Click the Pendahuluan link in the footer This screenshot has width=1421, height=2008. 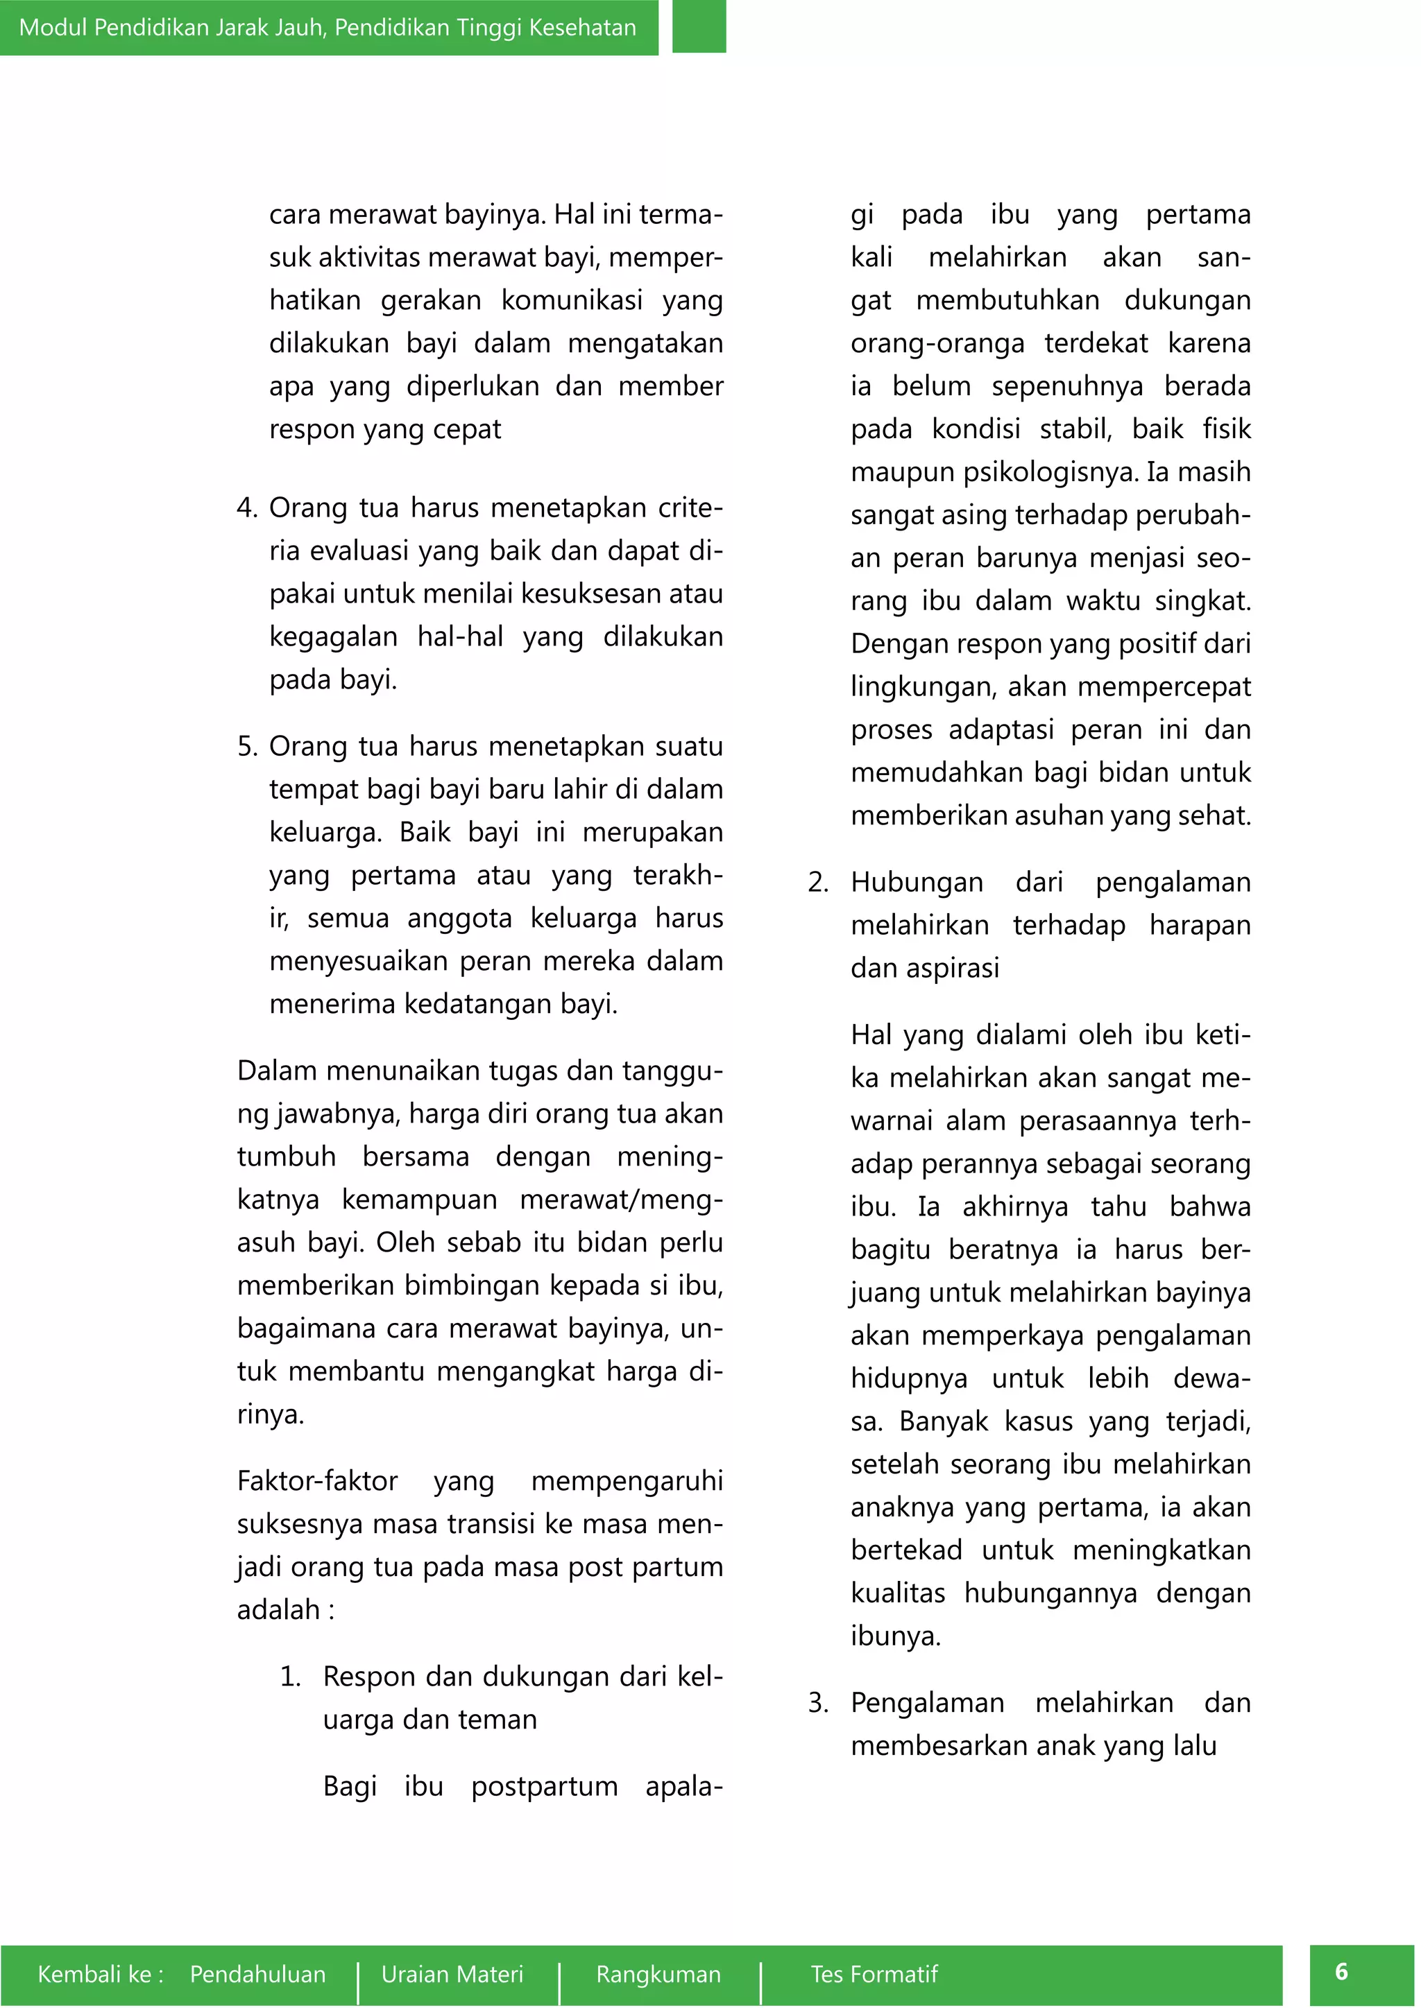[257, 1974]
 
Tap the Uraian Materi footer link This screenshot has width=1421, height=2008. [452, 1974]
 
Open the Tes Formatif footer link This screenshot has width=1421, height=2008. [874, 1974]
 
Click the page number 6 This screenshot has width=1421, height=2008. [1341, 1971]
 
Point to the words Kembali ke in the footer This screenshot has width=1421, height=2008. [100, 1974]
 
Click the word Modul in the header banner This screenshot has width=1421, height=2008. [53, 27]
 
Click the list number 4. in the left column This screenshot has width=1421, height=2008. [247, 508]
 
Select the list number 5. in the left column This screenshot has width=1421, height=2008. [247, 747]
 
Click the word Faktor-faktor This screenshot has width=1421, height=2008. [317, 1480]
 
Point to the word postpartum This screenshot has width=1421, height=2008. [544, 1786]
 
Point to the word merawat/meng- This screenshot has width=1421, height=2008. [620, 1199]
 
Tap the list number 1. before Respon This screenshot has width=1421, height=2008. [291, 1677]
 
